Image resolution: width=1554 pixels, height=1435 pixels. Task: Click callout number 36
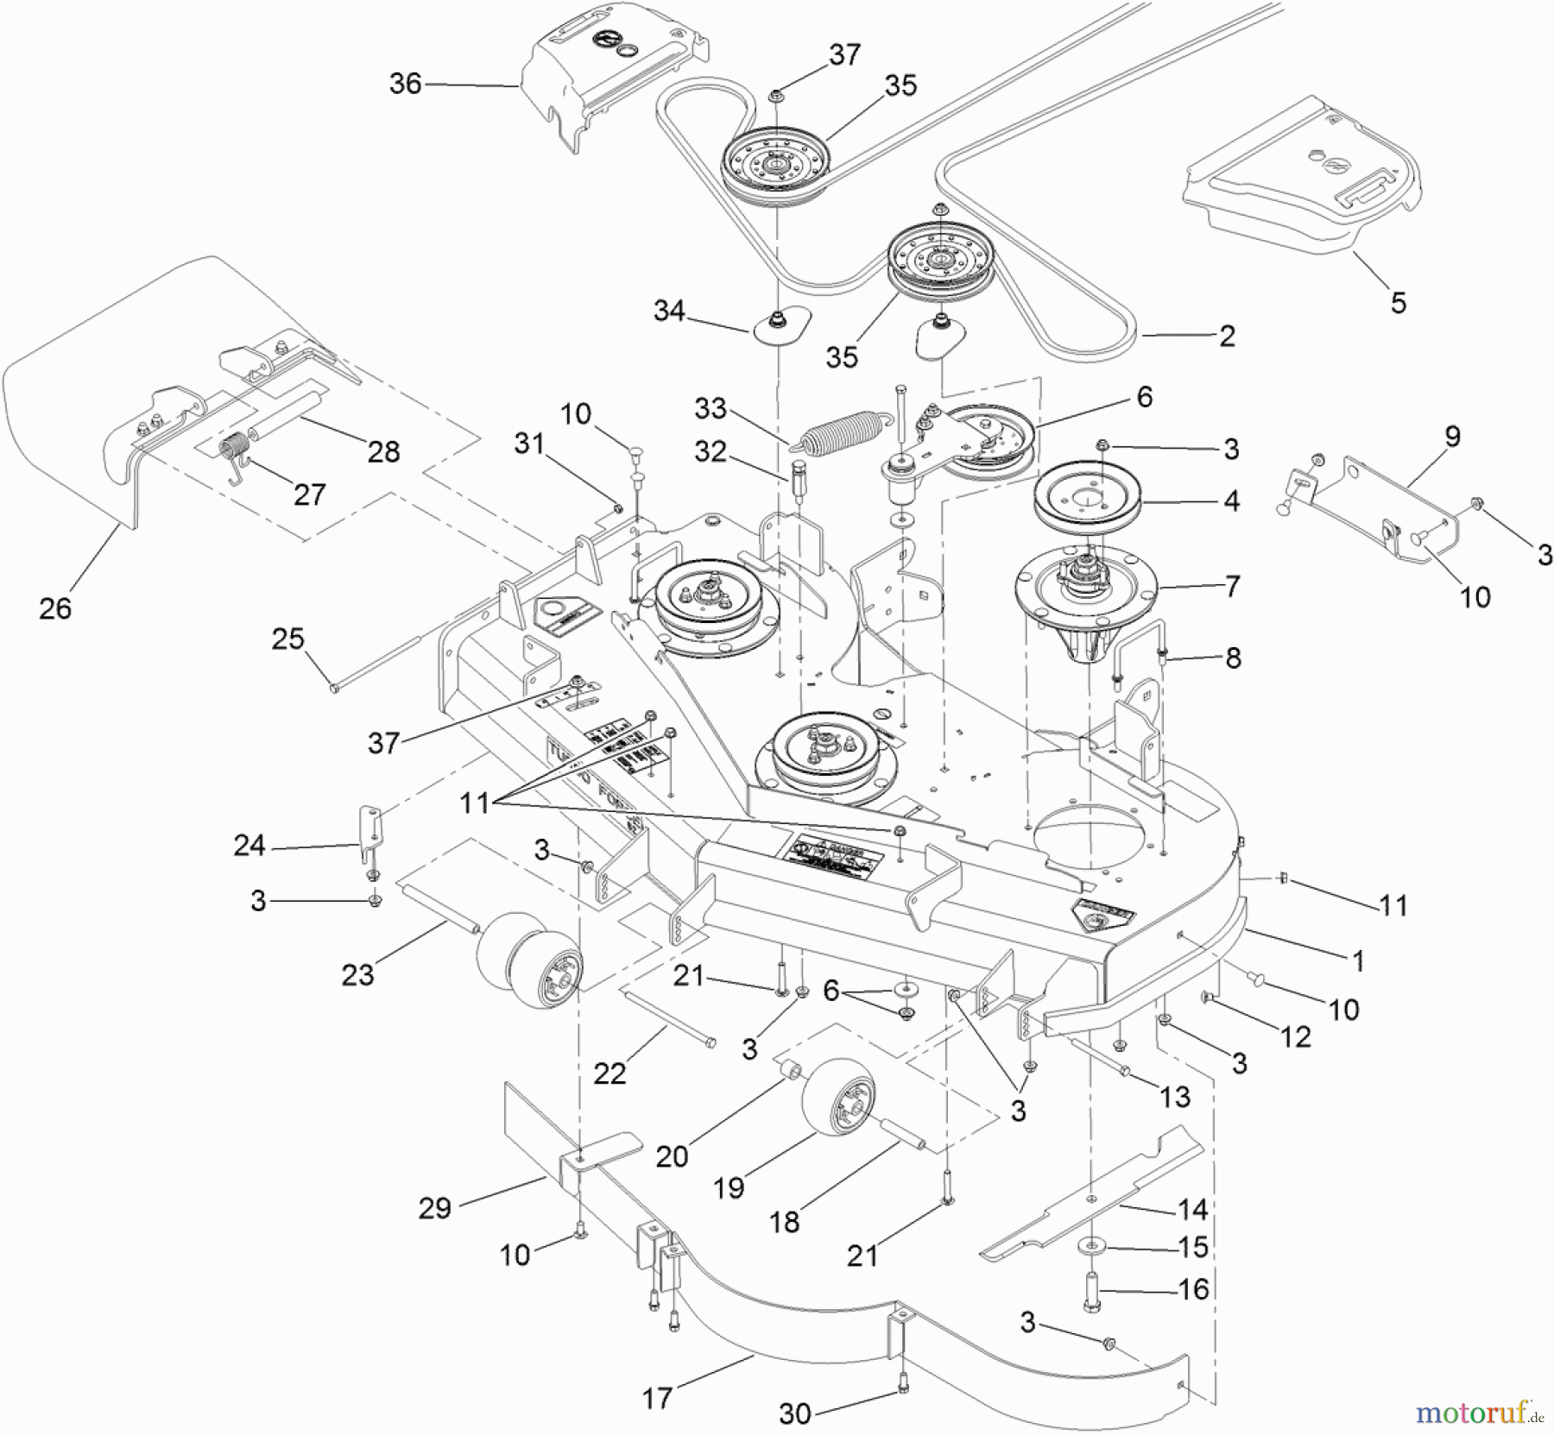(405, 84)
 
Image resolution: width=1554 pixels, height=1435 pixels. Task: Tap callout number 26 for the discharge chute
(55, 608)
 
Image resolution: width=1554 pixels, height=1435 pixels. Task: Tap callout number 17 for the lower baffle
(657, 1397)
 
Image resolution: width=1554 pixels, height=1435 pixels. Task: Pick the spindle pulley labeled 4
(1088, 498)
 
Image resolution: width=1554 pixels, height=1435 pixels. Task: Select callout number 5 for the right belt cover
(1398, 302)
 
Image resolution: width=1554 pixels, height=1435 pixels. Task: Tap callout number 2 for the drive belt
(1226, 336)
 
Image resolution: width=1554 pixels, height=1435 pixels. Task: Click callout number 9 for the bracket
(1452, 437)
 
